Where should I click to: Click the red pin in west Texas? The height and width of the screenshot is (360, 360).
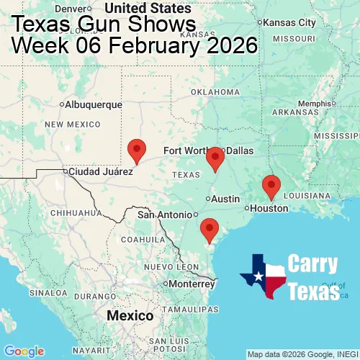[137, 150]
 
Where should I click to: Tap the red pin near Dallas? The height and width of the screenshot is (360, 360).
[215, 158]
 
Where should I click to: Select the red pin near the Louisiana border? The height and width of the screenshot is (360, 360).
[271, 186]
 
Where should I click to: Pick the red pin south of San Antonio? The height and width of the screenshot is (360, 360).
[210, 229]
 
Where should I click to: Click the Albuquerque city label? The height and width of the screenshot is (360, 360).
[94, 104]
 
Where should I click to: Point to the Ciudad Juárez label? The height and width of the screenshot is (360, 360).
[101, 171]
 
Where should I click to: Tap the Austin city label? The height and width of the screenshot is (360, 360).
[225, 199]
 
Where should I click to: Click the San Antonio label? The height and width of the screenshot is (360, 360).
[166, 215]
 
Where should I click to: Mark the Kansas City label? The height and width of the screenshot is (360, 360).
[290, 23]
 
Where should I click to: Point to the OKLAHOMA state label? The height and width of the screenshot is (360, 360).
[215, 92]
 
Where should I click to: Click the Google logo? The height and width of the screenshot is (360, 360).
[23, 351]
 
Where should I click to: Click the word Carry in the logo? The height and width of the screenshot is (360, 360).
[312, 264]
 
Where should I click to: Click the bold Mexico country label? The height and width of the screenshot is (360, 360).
[130, 316]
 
